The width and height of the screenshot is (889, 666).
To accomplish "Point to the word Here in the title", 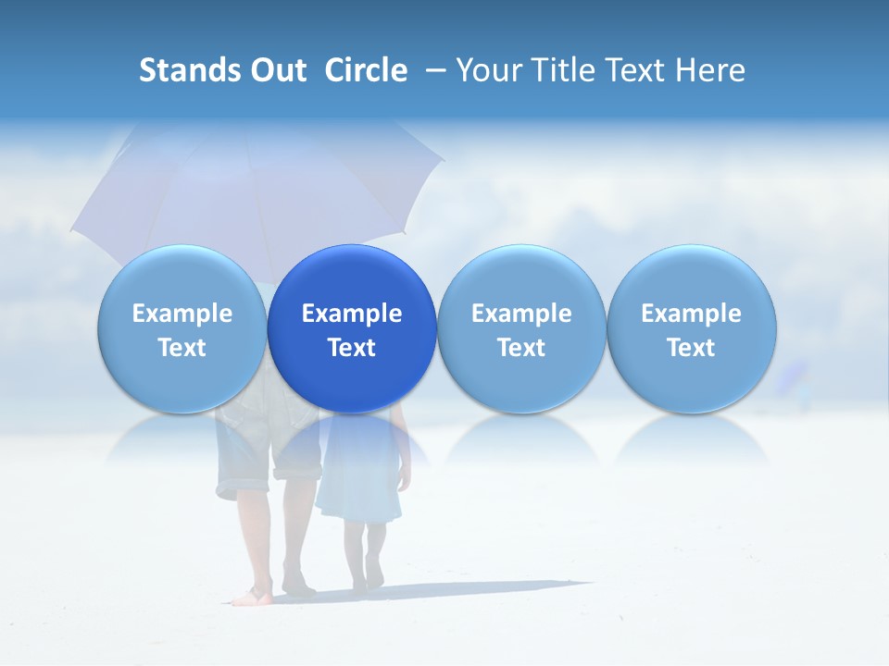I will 712,70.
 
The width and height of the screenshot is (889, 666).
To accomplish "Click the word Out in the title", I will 277,70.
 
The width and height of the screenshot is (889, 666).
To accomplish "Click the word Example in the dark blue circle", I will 352,314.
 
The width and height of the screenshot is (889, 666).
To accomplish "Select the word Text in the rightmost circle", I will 692,348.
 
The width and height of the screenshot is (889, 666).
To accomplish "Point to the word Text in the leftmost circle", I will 182,348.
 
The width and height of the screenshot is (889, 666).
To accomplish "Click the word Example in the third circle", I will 521,314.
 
